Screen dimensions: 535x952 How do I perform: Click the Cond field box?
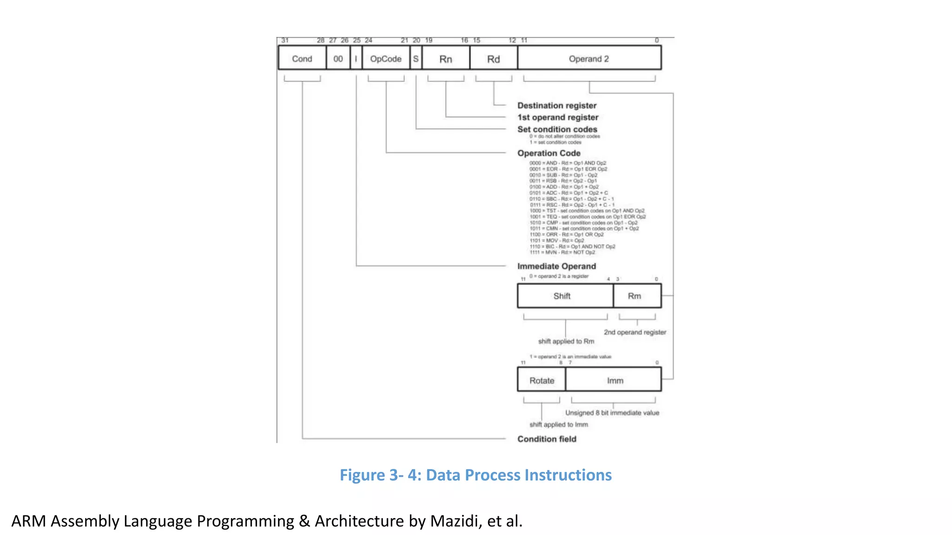click(302, 59)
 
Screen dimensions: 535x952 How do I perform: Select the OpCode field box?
click(386, 59)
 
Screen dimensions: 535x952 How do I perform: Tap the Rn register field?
click(446, 59)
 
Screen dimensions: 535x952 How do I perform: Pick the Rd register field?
click(494, 59)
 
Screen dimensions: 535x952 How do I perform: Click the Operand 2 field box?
click(589, 59)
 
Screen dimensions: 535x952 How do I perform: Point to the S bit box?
click(416, 59)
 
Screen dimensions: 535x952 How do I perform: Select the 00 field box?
click(338, 59)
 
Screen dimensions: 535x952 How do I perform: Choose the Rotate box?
click(542, 380)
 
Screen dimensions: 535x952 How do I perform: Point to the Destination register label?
click(557, 105)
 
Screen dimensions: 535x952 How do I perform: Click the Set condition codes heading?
click(557, 129)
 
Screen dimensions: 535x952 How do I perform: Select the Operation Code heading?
click(549, 153)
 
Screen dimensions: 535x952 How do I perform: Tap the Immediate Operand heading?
click(556, 266)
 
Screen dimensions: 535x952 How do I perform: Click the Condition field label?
click(547, 439)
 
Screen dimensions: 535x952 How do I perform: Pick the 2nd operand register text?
click(635, 332)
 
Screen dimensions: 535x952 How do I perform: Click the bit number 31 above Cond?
click(285, 40)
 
